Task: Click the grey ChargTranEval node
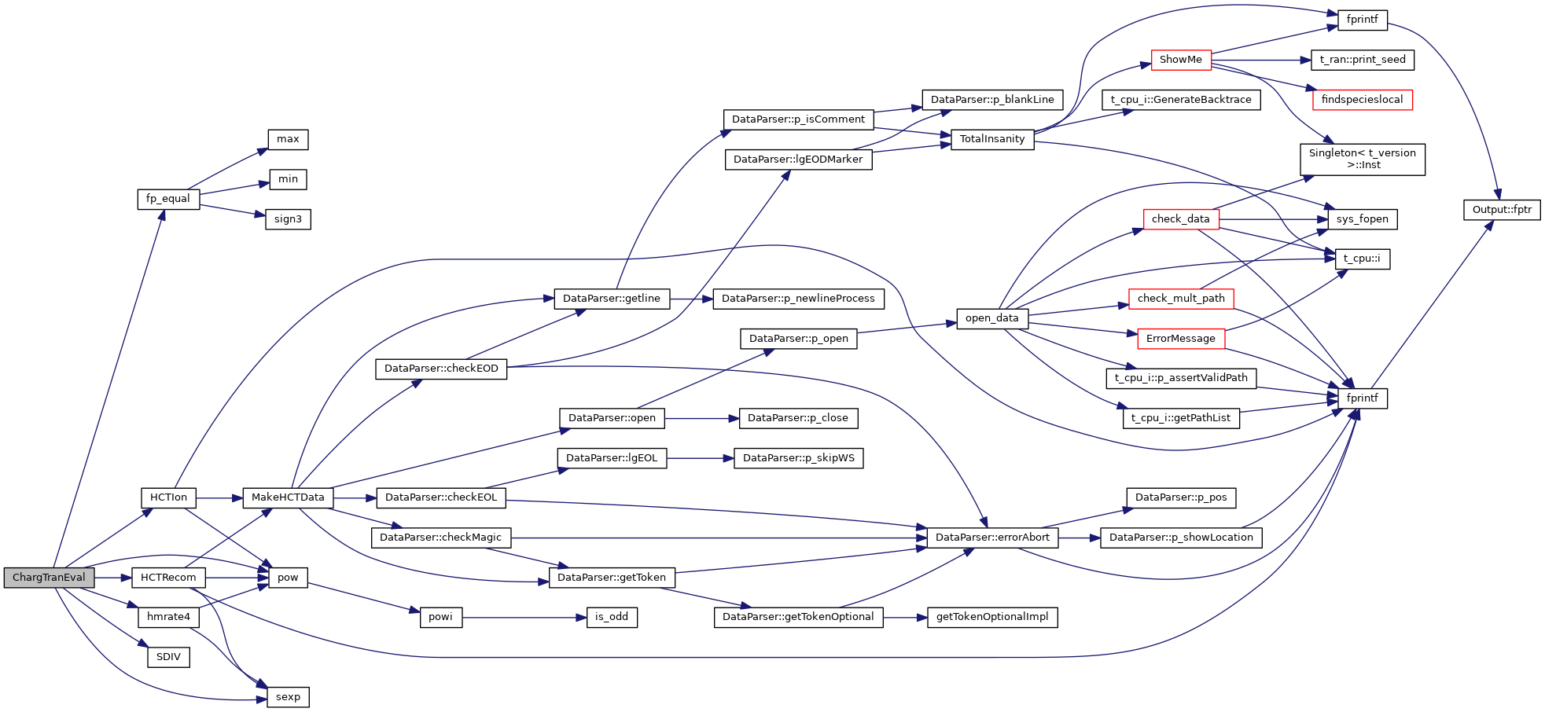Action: pyautogui.click(x=49, y=578)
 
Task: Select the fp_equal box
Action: pyautogui.click(x=168, y=199)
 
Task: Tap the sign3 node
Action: pyautogui.click(x=288, y=219)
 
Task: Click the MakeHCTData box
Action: pyautogui.click(x=288, y=497)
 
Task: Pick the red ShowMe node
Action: pyautogui.click(x=1180, y=60)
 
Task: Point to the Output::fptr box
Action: pyautogui.click(x=1501, y=210)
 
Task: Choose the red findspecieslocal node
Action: pyautogui.click(x=1362, y=100)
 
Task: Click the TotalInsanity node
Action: pyautogui.click(x=992, y=139)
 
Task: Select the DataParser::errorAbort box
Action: pyautogui.click(x=992, y=538)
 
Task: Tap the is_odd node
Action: pyautogui.click(x=611, y=617)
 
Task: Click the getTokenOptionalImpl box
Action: pyautogui.click(x=992, y=617)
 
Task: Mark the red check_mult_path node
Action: pyautogui.click(x=1180, y=299)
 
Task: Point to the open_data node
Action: pyautogui.click(x=991, y=318)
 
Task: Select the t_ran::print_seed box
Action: pyautogui.click(x=1362, y=60)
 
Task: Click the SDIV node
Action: pyautogui.click(x=168, y=657)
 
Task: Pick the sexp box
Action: pyautogui.click(x=288, y=697)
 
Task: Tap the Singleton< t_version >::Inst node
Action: pyautogui.click(x=1362, y=159)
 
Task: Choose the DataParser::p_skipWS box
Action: pyautogui.click(x=798, y=458)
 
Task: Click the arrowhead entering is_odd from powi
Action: pyautogui.click(x=582, y=618)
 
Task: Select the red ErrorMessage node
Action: pyautogui.click(x=1180, y=339)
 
